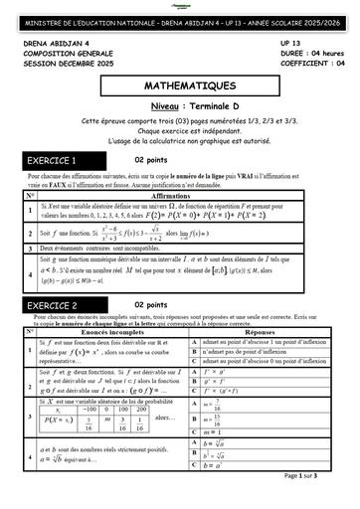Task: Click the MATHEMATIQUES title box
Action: pos(180,87)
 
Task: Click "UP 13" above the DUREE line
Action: pos(291,45)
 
